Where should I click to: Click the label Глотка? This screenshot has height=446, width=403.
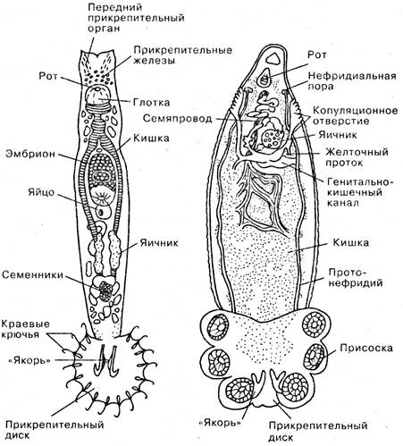tap(151, 103)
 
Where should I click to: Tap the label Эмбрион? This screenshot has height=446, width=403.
tap(30, 155)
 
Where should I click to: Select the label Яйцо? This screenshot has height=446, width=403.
tap(41, 192)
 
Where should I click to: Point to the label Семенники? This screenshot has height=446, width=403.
tap(33, 274)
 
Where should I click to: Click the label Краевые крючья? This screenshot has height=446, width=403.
tap(26, 329)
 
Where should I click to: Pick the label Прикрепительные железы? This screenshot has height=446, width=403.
tap(182, 55)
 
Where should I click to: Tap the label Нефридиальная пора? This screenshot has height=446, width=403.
tap(352, 80)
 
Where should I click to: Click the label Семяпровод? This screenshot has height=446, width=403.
tap(177, 119)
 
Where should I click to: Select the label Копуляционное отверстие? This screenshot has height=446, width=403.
tap(355, 116)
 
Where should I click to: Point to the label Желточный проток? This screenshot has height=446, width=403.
tap(357, 157)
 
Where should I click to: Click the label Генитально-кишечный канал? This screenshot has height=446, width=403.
tap(360, 192)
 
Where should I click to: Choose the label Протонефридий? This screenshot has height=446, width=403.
tap(356, 277)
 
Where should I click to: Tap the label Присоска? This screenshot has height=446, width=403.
tap(366, 348)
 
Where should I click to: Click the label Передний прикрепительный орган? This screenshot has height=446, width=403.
tap(136, 18)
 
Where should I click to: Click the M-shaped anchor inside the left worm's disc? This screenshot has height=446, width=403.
tap(107, 359)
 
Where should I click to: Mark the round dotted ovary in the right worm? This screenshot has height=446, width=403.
tap(271, 139)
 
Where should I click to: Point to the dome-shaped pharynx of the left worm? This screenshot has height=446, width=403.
tap(97, 96)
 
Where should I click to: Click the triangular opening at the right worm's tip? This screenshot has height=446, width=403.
tap(273, 59)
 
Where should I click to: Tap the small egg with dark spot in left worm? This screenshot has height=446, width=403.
tap(103, 211)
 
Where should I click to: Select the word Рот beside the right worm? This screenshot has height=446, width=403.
tap(317, 55)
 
